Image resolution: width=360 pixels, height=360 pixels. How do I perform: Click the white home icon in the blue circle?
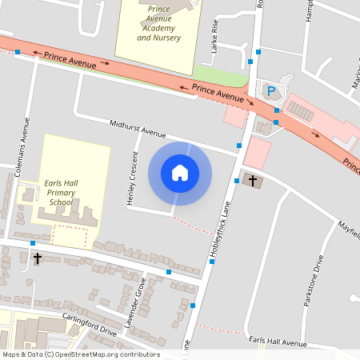pyautogui.click(x=180, y=173)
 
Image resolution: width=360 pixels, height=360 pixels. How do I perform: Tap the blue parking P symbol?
pyautogui.click(x=270, y=90)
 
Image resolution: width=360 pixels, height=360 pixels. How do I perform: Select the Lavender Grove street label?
pyautogui.click(x=140, y=299)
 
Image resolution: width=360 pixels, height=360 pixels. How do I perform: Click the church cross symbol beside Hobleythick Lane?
pyautogui.click(x=254, y=181)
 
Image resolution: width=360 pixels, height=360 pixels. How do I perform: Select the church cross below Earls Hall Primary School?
pyautogui.click(x=37, y=258)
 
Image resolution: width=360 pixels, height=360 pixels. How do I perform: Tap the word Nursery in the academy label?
pyautogui.click(x=163, y=38)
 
